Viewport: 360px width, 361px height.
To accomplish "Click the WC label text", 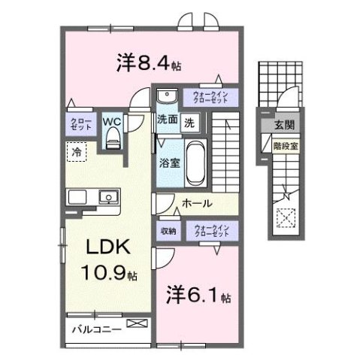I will point(111,119).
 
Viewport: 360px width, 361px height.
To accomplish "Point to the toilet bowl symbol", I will point(113,136).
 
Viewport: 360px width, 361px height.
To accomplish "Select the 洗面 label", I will point(167,120).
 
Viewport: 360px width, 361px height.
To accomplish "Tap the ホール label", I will point(197,203).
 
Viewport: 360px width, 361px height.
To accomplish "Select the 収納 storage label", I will point(168,231).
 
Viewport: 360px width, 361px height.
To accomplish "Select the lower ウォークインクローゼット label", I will point(210,232).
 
